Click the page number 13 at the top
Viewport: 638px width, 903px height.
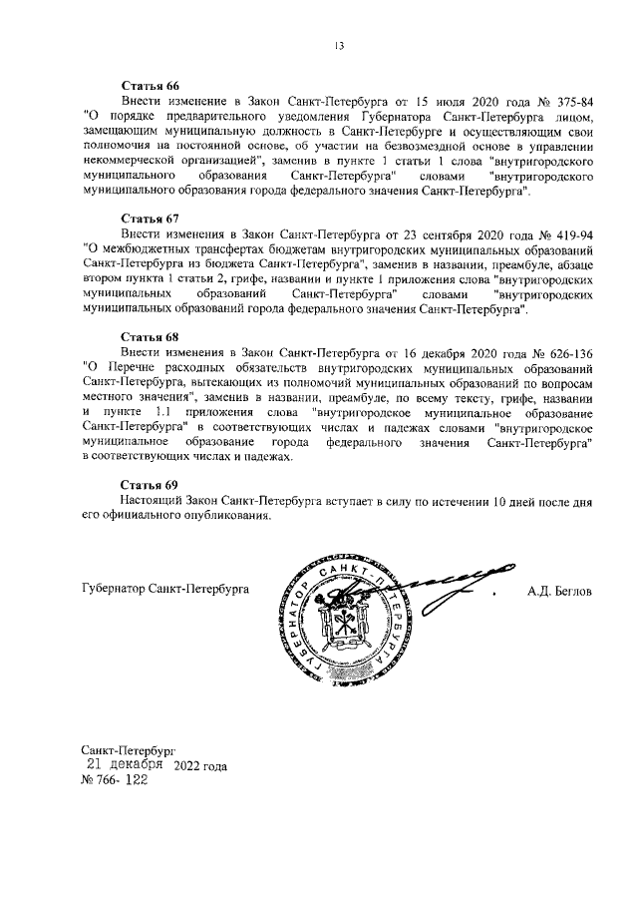339,43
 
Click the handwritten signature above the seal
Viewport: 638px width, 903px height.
429,577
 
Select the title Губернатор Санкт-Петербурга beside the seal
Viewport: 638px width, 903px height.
165,589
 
